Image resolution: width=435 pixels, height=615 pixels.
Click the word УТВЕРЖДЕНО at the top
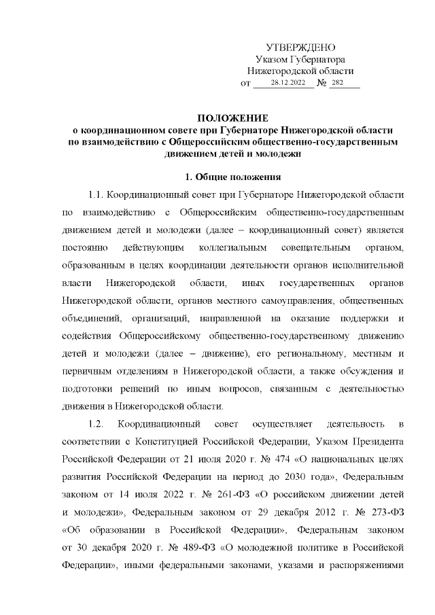300,48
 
